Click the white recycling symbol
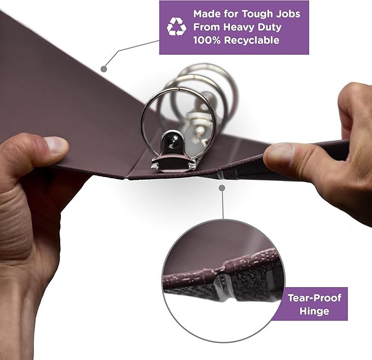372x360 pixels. (x=176, y=26)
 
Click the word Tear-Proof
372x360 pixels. (x=314, y=299)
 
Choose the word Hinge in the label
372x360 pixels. (x=314, y=311)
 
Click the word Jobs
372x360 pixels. (x=287, y=13)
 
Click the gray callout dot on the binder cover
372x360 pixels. (x=104, y=69)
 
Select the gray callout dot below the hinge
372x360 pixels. (x=222, y=188)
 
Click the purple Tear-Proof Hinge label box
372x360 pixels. (x=314, y=305)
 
